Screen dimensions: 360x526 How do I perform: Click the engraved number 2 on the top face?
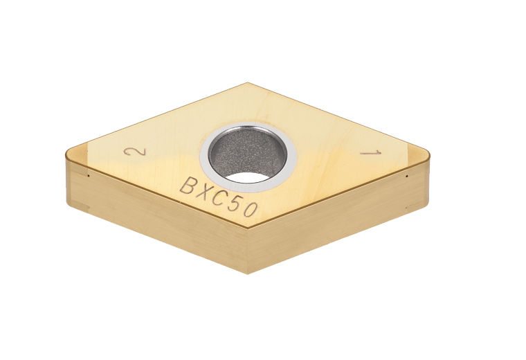click(x=127, y=152)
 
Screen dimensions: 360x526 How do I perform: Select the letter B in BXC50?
click(x=188, y=186)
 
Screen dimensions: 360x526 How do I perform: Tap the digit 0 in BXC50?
click(x=250, y=210)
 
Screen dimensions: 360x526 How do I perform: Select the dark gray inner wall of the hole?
click(x=246, y=152)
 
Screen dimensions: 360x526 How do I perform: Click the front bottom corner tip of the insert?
click(x=248, y=273)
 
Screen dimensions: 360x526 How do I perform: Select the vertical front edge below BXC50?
click(x=248, y=249)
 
